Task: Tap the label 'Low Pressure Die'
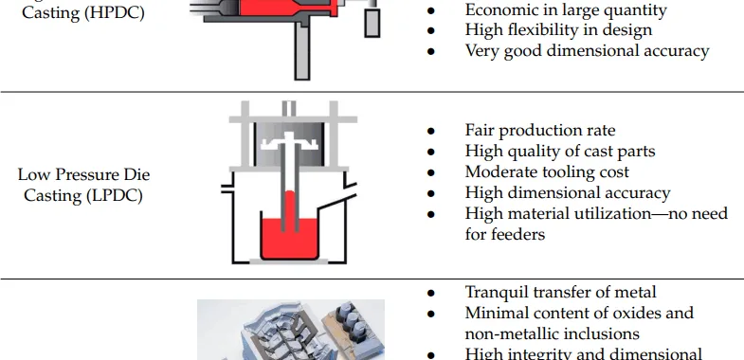(83, 174)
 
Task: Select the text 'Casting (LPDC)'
(83, 194)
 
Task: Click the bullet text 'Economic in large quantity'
(566, 9)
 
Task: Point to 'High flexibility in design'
(558, 29)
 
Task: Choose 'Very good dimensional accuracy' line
(587, 50)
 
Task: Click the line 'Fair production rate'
(540, 130)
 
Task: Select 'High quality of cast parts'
(560, 151)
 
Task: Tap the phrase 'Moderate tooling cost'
(547, 171)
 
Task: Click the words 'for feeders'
(505, 233)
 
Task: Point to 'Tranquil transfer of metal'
(561, 292)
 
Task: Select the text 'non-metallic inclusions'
(552, 333)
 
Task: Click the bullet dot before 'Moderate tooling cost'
(431, 172)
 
